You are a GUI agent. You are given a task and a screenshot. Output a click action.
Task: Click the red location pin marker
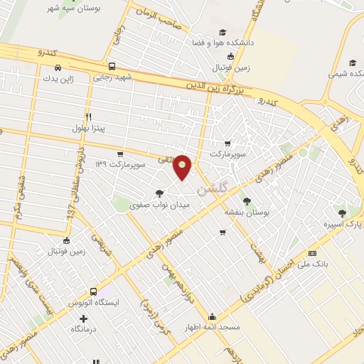click(183, 166)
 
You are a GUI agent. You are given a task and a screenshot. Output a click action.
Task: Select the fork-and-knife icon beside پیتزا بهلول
click(89, 117)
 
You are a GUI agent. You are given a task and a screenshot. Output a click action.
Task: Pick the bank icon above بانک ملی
click(312, 254)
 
